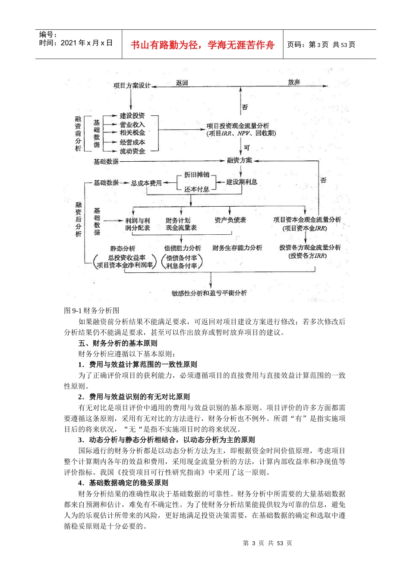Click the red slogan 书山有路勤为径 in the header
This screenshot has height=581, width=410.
pos(202,45)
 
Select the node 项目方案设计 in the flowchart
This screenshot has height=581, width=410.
pos(131,86)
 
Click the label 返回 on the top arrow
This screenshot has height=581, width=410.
pos(182,83)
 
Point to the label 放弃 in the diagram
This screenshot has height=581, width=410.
pos(294,82)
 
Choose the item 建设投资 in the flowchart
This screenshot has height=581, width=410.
pos(132,116)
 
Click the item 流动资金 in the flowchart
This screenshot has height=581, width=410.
pos(132,151)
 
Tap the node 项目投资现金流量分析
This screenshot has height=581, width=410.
pos(238,126)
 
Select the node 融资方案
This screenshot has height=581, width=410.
pos(240,160)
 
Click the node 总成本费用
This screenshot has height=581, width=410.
pos(146,183)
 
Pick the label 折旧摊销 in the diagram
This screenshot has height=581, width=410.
pos(196,175)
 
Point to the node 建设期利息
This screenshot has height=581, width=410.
pos(242,182)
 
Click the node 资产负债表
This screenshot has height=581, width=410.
pos(230,220)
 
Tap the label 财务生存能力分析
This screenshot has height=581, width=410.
pos(237,248)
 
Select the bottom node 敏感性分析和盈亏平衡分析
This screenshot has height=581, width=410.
pos(209,293)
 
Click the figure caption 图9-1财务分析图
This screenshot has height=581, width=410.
pos(92,310)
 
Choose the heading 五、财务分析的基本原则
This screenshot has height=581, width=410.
pos(118,343)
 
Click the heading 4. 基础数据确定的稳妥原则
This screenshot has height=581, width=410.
pos(123,483)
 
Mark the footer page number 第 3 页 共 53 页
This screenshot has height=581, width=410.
pos(268,543)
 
